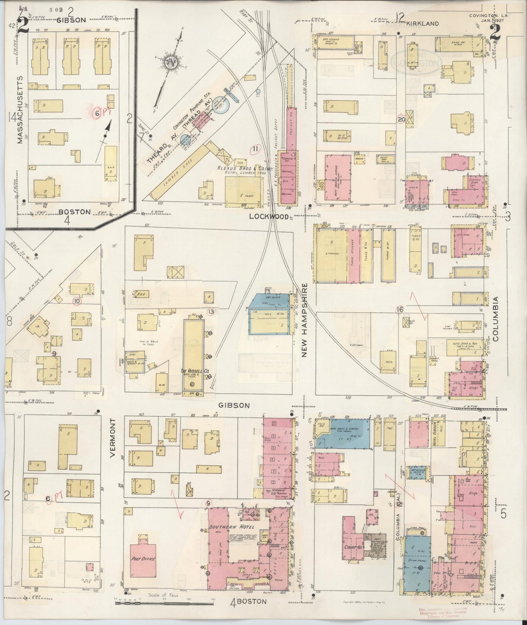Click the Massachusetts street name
pyautogui.click(x=20, y=109)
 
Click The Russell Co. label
pyautogui.click(x=196, y=371)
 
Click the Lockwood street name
pyautogui.click(x=269, y=217)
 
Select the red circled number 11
pyautogui.click(x=256, y=148)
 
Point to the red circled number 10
pyautogui.click(x=77, y=301)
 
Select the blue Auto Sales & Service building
pyautogui.click(x=345, y=434)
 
